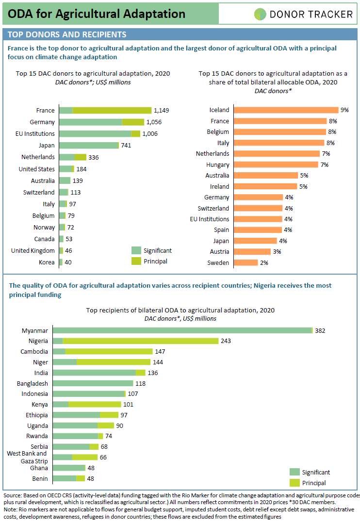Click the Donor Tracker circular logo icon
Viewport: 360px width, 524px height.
point(260,14)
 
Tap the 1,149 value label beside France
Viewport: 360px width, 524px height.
point(162,110)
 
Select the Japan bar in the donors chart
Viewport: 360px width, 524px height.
point(89,146)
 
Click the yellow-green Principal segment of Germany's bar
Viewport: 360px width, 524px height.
point(133,122)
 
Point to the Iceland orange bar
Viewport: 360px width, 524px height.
point(286,110)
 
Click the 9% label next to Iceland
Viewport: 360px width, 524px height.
point(344,110)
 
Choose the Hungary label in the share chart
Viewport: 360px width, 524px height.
point(218,165)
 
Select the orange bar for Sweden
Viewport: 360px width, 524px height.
point(246,262)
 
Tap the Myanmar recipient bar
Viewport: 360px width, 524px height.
point(183,330)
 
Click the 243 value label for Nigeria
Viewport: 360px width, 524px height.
point(226,341)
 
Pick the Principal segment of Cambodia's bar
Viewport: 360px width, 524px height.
point(109,352)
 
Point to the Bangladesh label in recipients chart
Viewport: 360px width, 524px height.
point(33,384)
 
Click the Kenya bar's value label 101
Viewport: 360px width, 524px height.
point(129,404)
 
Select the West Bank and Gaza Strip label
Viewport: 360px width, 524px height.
point(27,457)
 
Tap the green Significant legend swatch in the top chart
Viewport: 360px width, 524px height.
point(136,250)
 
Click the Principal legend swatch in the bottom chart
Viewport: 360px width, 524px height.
point(295,483)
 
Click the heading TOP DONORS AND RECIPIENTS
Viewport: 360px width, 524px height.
point(67,34)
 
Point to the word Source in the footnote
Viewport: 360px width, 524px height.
point(13,495)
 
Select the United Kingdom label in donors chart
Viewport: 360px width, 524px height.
point(33,251)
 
